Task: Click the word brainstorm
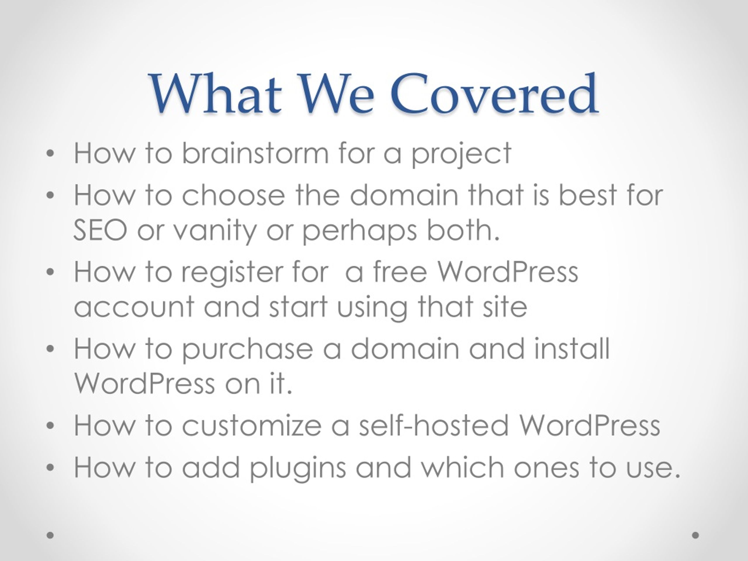click(x=255, y=153)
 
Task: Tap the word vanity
click(x=215, y=232)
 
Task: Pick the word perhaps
click(x=359, y=232)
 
